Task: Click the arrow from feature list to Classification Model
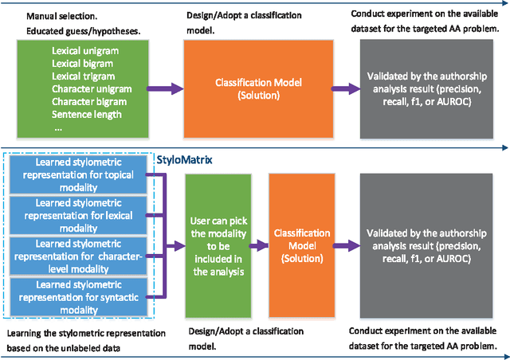[x=165, y=88]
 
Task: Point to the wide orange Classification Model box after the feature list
[x=257, y=88]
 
